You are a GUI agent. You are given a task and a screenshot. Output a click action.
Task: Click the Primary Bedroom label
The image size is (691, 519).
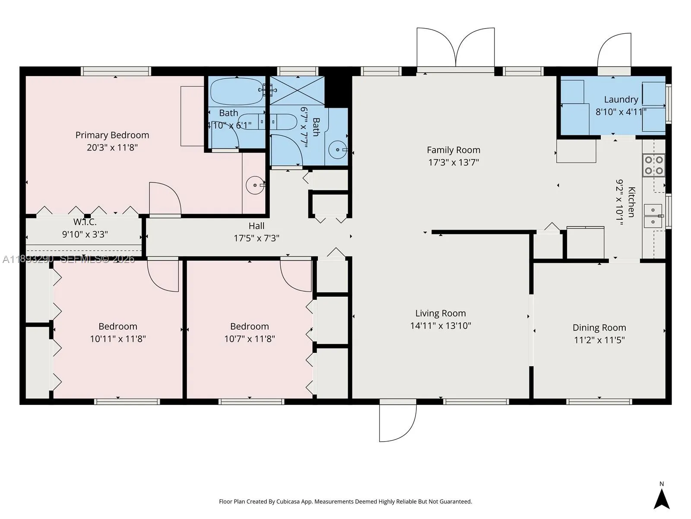pyautogui.click(x=112, y=135)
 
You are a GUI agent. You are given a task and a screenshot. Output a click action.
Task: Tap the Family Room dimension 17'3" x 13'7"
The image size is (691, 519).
pyautogui.click(x=453, y=162)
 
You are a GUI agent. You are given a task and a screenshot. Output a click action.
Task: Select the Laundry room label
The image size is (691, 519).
pyautogui.click(x=621, y=99)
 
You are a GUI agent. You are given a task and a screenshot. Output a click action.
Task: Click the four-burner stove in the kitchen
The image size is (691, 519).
pyautogui.click(x=653, y=165)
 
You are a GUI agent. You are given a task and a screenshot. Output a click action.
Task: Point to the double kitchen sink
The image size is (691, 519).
pyautogui.click(x=653, y=216)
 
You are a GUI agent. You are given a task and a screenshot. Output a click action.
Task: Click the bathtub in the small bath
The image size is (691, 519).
pyautogui.click(x=236, y=91)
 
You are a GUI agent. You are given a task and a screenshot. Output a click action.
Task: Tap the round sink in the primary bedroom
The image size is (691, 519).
pyautogui.click(x=255, y=185)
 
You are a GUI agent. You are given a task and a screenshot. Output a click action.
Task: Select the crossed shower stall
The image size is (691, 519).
pyautogui.click(x=297, y=90)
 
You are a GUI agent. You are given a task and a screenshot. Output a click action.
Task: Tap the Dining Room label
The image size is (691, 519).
pyautogui.click(x=599, y=327)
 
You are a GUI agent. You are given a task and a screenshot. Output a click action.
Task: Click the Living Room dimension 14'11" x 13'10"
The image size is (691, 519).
pyautogui.click(x=441, y=326)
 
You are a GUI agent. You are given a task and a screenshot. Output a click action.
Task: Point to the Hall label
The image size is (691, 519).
pyautogui.click(x=257, y=226)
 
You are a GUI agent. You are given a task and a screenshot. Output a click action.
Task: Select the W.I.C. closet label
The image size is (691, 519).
pyautogui.click(x=85, y=222)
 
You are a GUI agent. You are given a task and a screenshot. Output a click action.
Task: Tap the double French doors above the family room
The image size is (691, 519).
pyautogui.click(x=455, y=48)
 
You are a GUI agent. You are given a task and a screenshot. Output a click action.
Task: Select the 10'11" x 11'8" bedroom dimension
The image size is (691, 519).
pyautogui.click(x=118, y=339)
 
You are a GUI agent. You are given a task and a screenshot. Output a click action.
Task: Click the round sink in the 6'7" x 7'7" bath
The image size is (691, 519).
pyautogui.click(x=337, y=150)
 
